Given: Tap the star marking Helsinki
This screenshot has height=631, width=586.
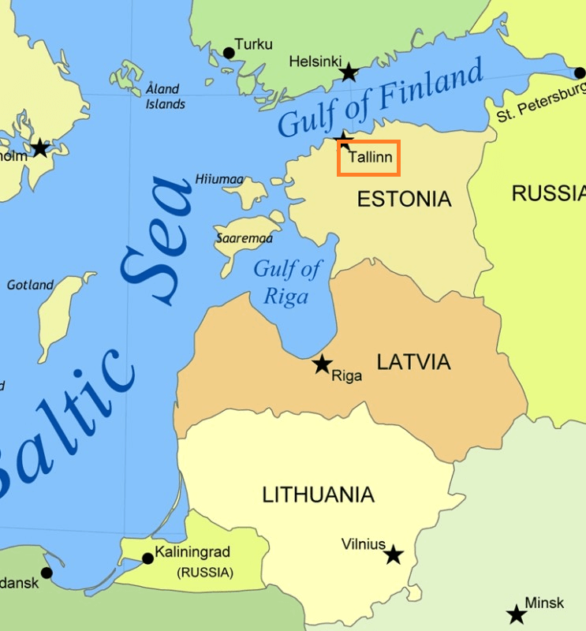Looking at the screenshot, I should coord(349,73).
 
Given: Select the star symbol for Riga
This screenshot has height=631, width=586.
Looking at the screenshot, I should coord(322,364).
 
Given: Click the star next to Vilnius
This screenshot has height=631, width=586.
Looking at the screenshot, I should coord(394,555).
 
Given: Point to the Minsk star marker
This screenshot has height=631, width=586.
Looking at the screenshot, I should coord(517,614).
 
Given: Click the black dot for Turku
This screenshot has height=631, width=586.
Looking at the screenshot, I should coord(229,53).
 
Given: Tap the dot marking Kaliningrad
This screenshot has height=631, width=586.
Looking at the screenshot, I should coord(147,558).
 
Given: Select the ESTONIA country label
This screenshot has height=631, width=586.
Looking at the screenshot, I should coord(405,199).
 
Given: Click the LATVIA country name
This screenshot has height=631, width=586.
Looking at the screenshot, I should coord(413,362).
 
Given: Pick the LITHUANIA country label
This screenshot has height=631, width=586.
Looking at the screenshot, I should coord(318,495).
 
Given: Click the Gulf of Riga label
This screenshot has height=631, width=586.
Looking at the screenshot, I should coord(287,282).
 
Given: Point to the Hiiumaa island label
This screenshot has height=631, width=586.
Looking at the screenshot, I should coord(219,180).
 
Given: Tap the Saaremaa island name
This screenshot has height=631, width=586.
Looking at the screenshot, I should coord(244,237).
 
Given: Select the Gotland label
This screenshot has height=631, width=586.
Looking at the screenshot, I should coord(31,285).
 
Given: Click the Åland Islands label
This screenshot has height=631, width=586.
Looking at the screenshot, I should coord(165,96).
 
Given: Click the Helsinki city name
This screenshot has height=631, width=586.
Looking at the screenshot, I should coord(315,61).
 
